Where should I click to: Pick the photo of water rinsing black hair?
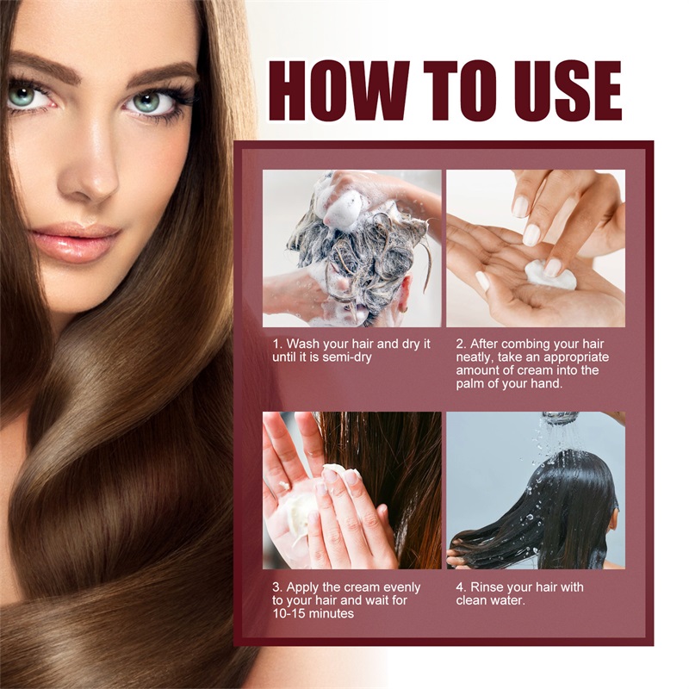535,490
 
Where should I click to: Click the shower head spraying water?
561,419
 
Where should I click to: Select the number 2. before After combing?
462,344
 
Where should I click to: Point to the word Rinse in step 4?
488,587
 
